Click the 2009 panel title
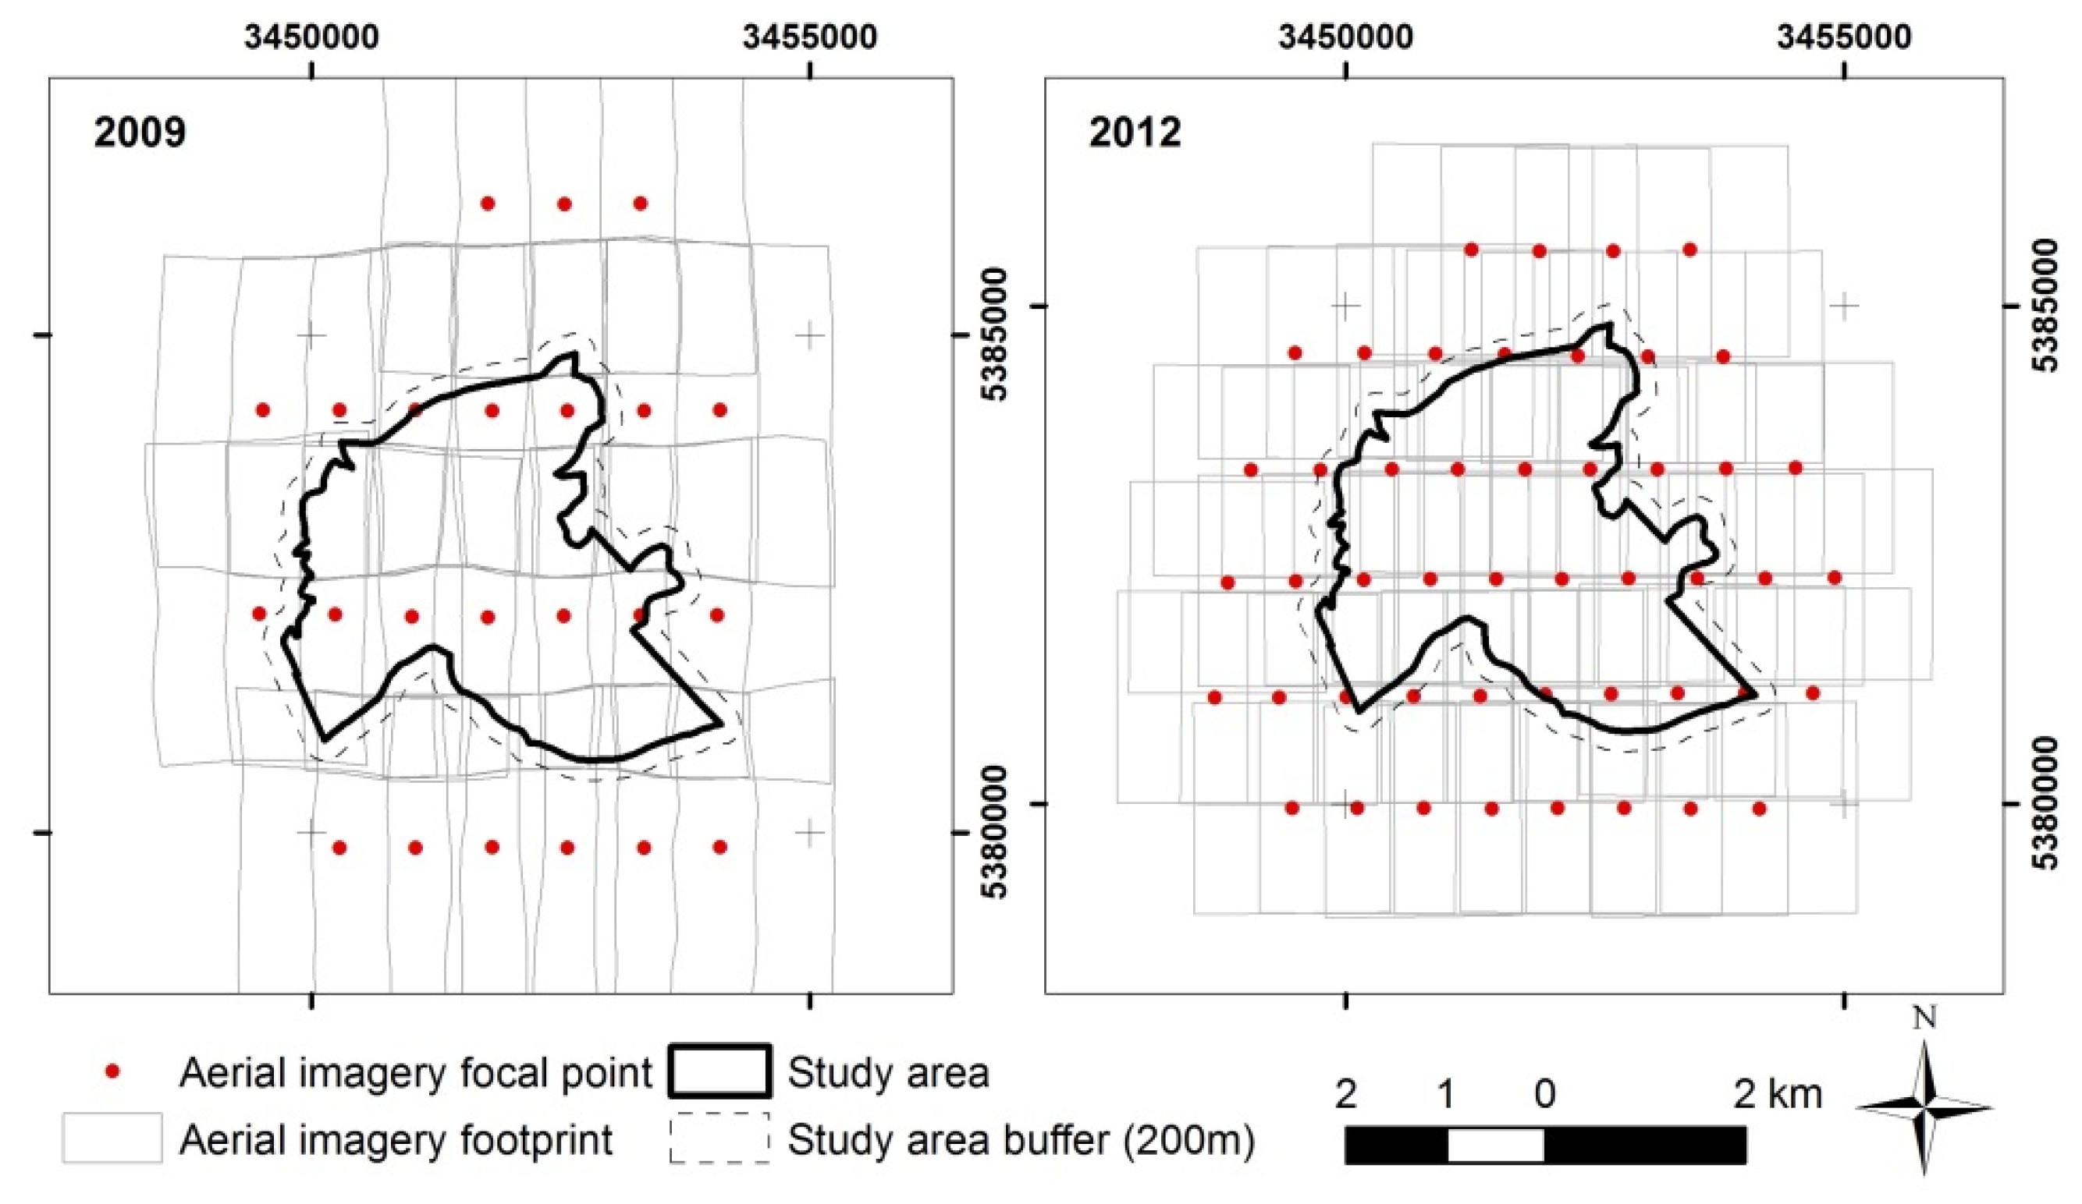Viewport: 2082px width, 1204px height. click(x=140, y=132)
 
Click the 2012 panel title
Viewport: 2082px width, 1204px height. click(x=1135, y=132)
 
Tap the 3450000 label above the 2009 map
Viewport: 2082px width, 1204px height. click(x=311, y=38)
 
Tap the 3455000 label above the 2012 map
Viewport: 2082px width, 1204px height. click(x=1844, y=38)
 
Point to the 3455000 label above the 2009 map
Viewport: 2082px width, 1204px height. click(x=810, y=38)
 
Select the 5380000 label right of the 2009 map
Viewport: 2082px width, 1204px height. click(x=997, y=831)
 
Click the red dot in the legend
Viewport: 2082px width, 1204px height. click(x=114, y=1073)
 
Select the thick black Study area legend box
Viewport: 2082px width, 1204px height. click(x=719, y=1071)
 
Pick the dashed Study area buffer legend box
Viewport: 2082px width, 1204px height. click(x=719, y=1138)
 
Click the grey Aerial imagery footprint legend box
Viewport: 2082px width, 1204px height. click(x=112, y=1138)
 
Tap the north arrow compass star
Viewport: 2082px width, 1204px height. click(x=1925, y=1107)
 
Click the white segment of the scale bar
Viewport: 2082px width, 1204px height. click(x=1495, y=1146)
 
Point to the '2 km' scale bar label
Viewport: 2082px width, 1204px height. click(x=1777, y=1094)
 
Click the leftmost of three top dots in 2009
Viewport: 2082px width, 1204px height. click(x=488, y=204)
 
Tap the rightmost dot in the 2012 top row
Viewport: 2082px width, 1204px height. click(x=1689, y=250)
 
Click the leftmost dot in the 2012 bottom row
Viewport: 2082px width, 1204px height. click(x=1293, y=808)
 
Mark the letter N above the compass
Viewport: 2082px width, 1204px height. click(x=1925, y=1019)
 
